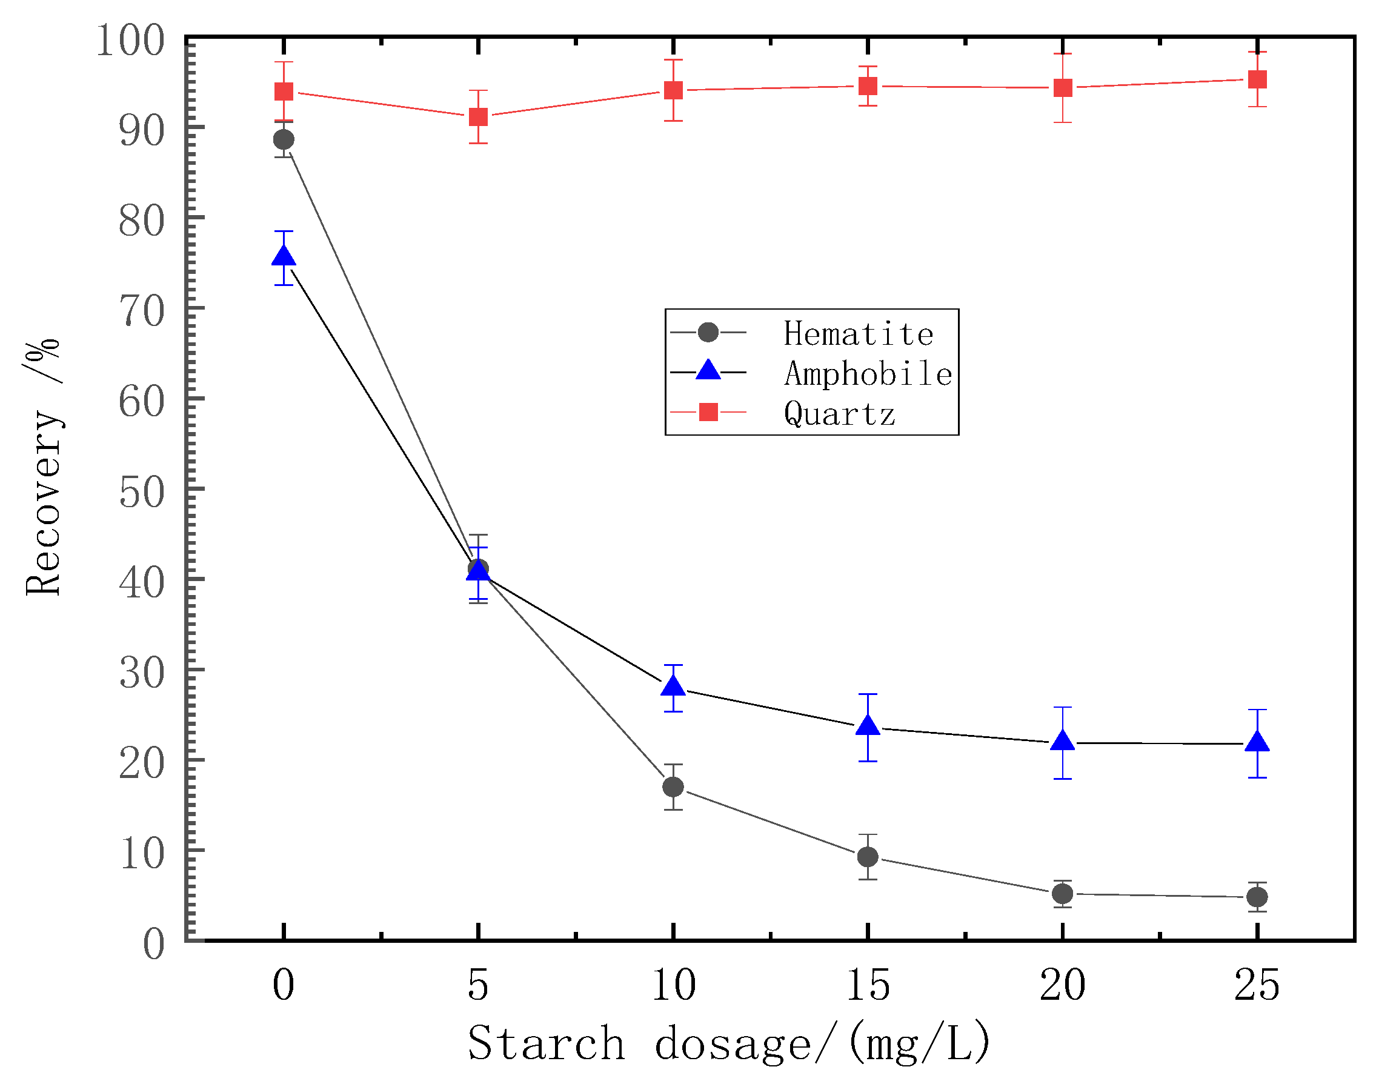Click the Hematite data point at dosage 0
(x=284, y=139)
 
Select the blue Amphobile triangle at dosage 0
(x=284, y=257)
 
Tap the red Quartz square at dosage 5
(x=479, y=117)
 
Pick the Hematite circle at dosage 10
(x=673, y=787)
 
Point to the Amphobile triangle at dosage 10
(x=673, y=687)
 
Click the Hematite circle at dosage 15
(x=868, y=857)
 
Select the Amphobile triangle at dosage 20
(x=1063, y=741)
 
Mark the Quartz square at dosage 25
(x=1257, y=79)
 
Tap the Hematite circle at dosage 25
(x=1257, y=897)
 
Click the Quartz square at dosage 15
(x=868, y=85)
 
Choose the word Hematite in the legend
(x=858, y=334)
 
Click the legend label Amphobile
(x=868, y=373)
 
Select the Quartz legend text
(x=839, y=414)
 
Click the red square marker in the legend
(x=708, y=412)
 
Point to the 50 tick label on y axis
(x=142, y=493)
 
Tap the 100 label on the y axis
(x=130, y=41)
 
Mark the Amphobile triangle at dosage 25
(x=1257, y=742)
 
